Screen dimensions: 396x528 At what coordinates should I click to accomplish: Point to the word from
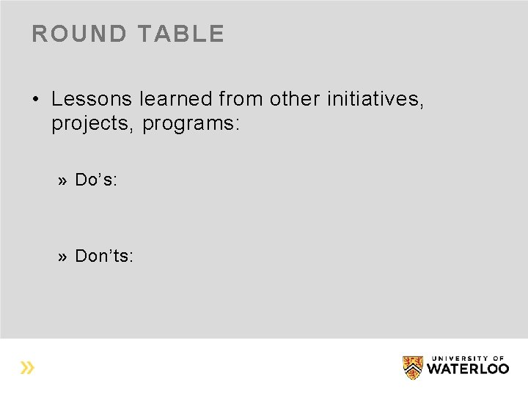pyautogui.click(x=241, y=99)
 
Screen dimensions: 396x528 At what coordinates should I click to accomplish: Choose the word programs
pyautogui.click(x=188, y=124)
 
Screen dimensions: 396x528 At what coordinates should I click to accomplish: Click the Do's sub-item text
pyautogui.click(x=96, y=180)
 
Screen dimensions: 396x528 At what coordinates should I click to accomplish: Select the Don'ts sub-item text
pyautogui.click(x=104, y=256)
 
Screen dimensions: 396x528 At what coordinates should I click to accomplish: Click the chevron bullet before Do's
pyautogui.click(x=64, y=181)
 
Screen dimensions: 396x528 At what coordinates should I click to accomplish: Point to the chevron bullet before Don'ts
pyautogui.click(x=64, y=257)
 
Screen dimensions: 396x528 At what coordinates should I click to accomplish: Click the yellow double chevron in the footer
pyautogui.click(x=27, y=367)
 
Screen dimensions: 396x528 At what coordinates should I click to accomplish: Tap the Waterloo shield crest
pyautogui.click(x=413, y=367)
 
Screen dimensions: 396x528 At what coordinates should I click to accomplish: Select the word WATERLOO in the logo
pyautogui.click(x=467, y=369)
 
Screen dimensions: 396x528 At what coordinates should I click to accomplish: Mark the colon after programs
pyautogui.click(x=236, y=125)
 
